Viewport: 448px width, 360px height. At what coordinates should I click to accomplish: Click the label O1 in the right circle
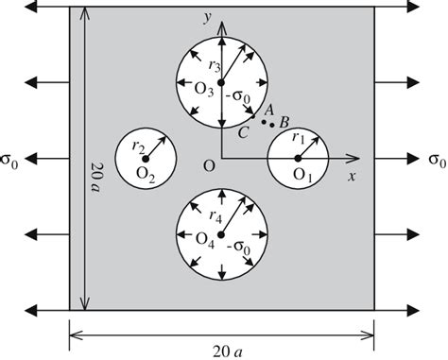click(x=302, y=175)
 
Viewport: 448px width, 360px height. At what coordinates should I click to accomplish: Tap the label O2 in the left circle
click(x=145, y=174)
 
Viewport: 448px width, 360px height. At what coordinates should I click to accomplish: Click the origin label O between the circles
click(x=209, y=167)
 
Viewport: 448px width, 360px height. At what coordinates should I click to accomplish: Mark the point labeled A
click(x=265, y=121)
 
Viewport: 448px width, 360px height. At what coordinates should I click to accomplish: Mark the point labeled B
click(x=273, y=125)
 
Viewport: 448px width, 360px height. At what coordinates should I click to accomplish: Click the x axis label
click(x=351, y=176)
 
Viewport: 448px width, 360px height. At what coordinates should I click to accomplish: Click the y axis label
click(x=207, y=18)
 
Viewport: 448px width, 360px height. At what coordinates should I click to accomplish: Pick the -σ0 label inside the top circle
click(x=241, y=95)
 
